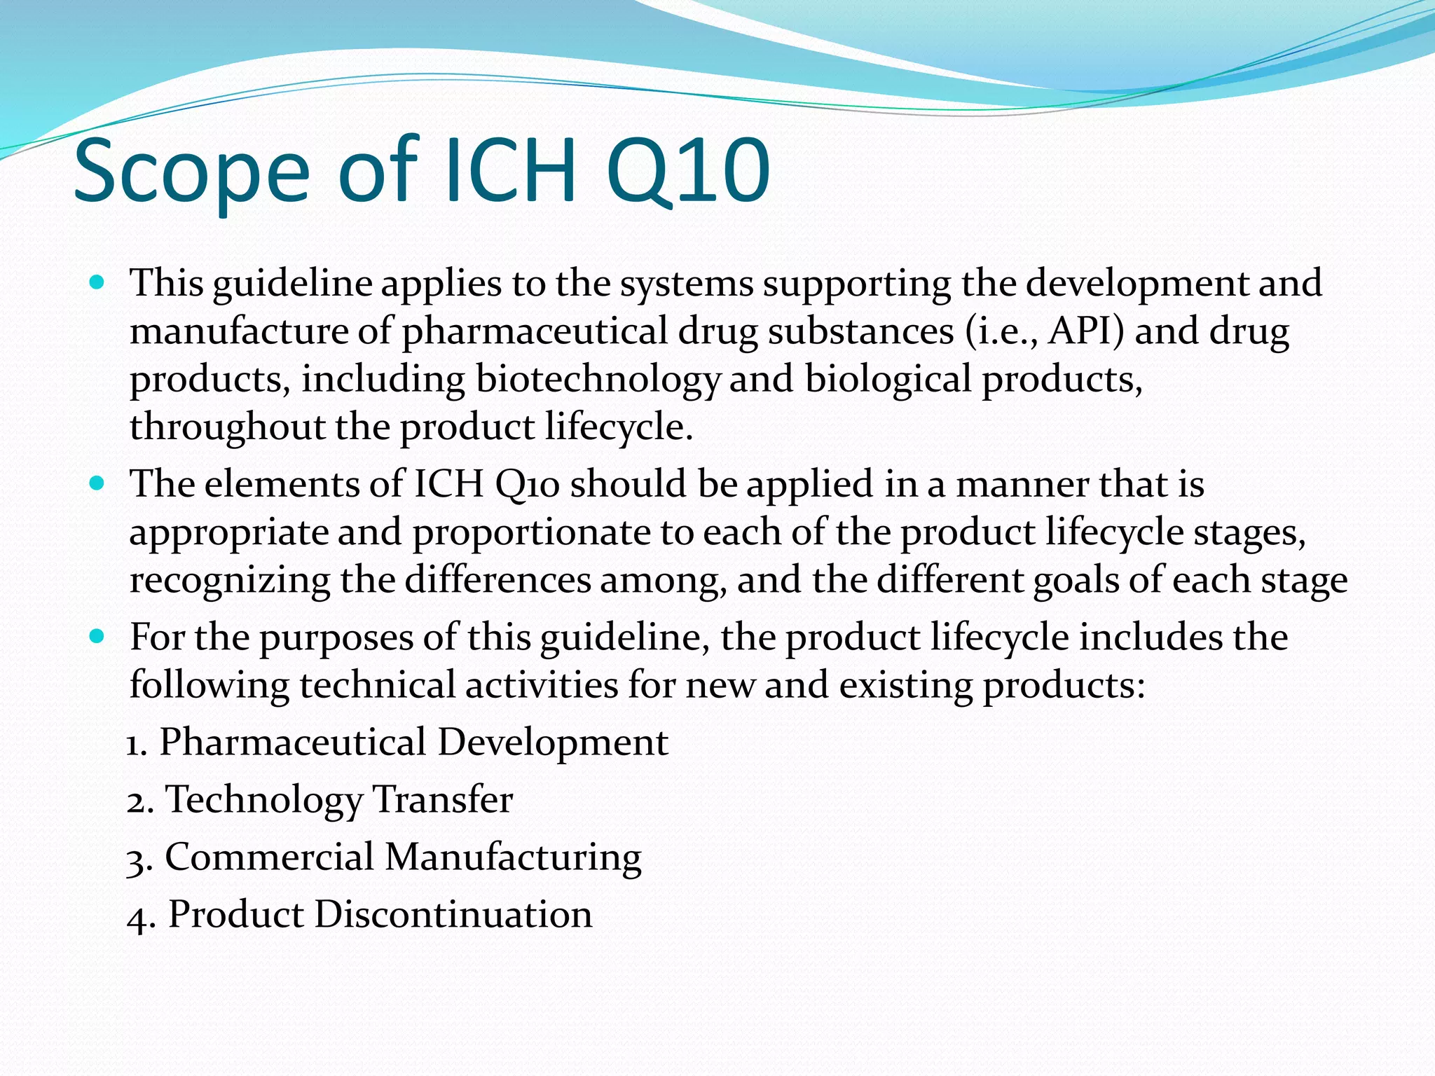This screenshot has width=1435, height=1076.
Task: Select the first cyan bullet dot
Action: (97, 282)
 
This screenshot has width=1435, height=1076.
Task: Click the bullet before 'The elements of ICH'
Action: (97, 483)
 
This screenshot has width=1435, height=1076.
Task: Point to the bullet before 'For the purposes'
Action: (97, 637)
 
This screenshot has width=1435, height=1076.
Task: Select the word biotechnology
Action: (598, 379)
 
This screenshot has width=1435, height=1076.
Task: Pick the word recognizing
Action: (230, 580)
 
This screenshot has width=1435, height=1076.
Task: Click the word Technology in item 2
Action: (263, 799)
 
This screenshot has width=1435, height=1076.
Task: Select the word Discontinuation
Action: (453, 914)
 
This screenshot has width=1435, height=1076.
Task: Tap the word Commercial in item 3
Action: (270, 857)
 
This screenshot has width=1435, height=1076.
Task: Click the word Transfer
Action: (442, 799)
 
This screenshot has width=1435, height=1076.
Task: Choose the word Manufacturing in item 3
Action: (513, 857)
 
